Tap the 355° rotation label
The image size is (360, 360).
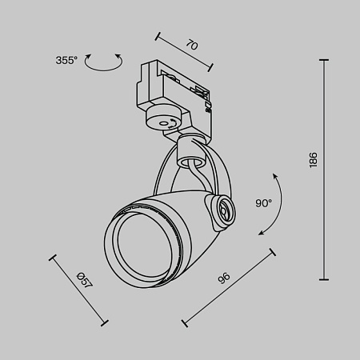66,60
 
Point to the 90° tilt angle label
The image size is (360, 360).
263,203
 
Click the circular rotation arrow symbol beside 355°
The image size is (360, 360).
105,62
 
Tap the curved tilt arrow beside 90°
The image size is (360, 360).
273,204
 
